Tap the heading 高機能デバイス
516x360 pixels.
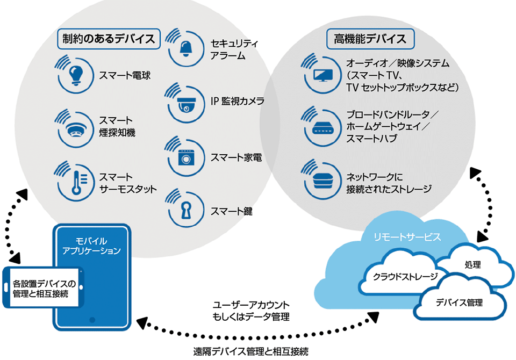coord(370,38)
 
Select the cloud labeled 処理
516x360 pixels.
coord(472,265)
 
